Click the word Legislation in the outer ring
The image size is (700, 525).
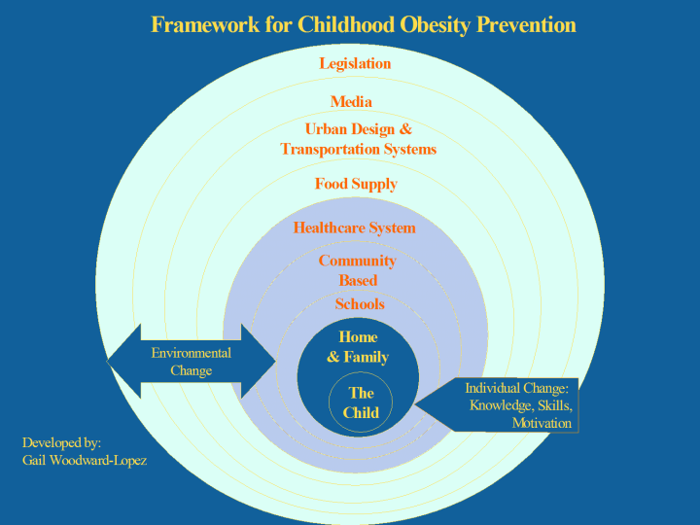pos(355,64)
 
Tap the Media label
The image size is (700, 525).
pos(351,102)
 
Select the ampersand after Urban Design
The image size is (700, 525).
pos(405,129)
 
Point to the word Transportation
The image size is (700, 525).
pos(330,149)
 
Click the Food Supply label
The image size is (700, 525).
pos(356,184)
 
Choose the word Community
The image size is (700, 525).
pos(357,261)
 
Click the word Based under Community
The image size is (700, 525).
pos(358,280)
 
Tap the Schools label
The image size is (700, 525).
pos(360,304)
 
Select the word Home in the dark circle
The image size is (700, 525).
pos(358,337)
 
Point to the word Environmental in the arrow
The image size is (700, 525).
pos(192,353)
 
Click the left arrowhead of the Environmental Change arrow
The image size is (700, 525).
pos(123,361)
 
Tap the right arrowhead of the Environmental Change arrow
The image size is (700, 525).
pos(259,361)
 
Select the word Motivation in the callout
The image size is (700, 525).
pos(542,423)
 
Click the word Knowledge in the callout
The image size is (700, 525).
pos(500,405)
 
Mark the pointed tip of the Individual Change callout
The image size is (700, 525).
pos(414,404)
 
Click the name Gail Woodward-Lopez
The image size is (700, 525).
pos(85,460)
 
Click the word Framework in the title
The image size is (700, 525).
pos(205,24)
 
